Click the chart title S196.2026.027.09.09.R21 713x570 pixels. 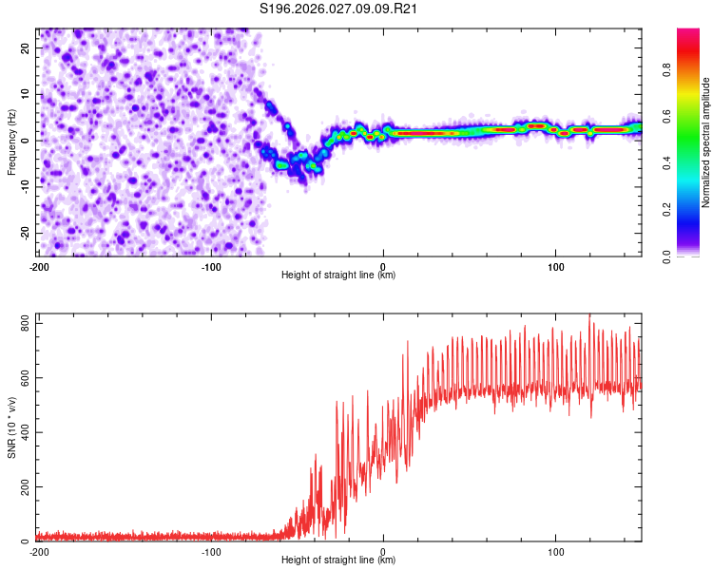pos(339,9)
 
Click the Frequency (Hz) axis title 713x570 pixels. pos(11,142)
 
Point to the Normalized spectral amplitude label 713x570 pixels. pos(706,142)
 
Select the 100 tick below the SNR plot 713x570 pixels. pos(556,551)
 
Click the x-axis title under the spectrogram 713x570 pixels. pos(338,275)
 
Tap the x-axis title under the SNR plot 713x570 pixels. pos(338,560)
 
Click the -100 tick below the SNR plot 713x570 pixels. pos(211,551)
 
